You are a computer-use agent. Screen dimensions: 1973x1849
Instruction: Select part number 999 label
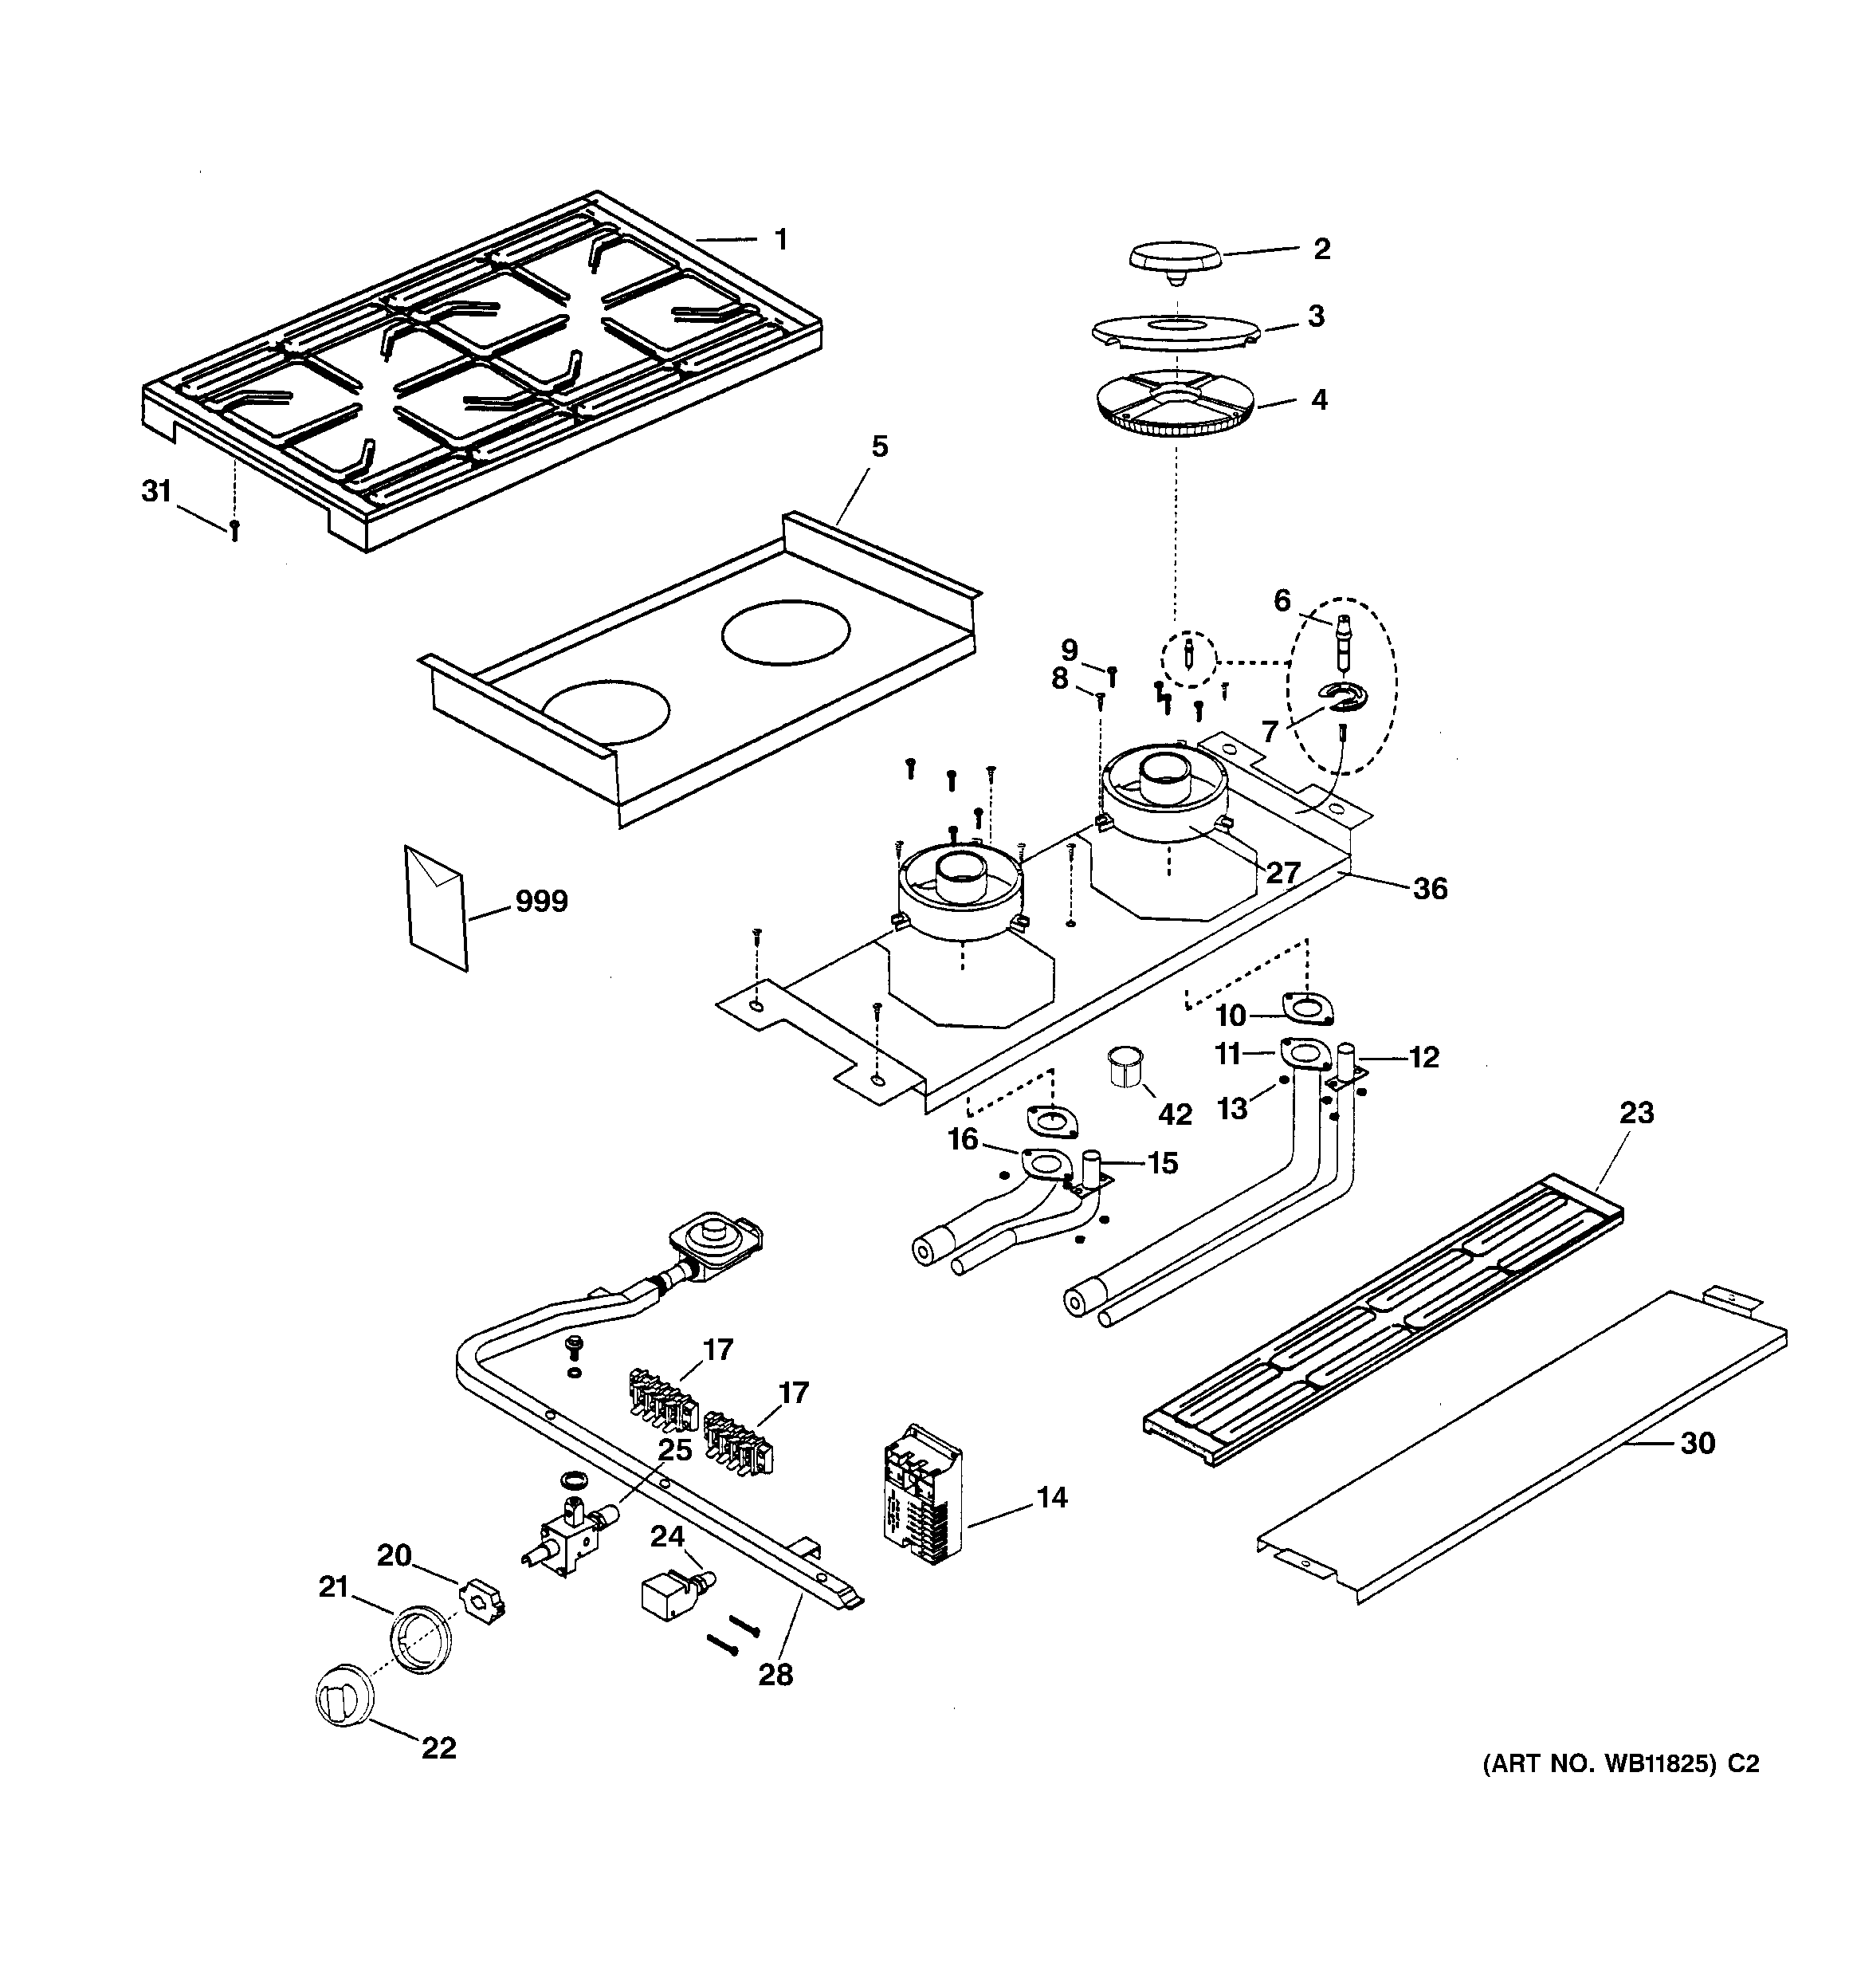click(541, 902)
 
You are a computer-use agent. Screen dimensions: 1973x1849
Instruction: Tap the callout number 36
click(1430, 888)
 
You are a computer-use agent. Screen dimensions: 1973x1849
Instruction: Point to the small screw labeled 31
click(235, 531)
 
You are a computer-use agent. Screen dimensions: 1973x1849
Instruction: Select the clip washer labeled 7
click(1343, 698)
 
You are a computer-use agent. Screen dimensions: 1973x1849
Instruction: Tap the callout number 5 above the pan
click(879, 446)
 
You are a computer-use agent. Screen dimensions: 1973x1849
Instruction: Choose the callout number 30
click(1697, 1443)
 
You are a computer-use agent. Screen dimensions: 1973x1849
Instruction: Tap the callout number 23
click(1637, 1113)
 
